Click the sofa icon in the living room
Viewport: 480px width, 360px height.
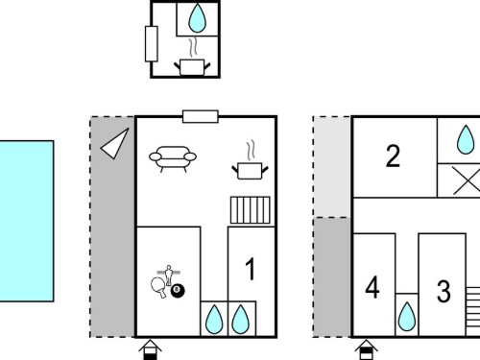tap(173, 158)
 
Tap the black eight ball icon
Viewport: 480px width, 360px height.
tap(178, 291)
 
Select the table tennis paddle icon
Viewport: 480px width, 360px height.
tap(159, 287)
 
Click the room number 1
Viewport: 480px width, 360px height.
tap(251, 269)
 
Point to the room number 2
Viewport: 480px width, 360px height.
tap(393, 156)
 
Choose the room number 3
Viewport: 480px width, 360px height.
tap(444, 291)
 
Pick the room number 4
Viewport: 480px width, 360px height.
tap(372, 287)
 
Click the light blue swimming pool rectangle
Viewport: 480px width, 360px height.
tap(27, 221)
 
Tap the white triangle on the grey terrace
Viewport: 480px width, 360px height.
tap(116, 144)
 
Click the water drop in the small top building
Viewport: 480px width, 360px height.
tap(197, 18)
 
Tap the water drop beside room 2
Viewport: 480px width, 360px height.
tap(466, 140)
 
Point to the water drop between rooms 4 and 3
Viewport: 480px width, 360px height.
tap(407, 317)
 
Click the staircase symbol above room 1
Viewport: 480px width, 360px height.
tap(251, 210)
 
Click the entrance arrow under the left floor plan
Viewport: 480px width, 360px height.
tap(150, 349)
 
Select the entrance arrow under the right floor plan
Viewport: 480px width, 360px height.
tap(367, 349)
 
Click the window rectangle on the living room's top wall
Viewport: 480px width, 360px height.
tap(201, 116)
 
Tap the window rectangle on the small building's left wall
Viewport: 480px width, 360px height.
tap(152, 44)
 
